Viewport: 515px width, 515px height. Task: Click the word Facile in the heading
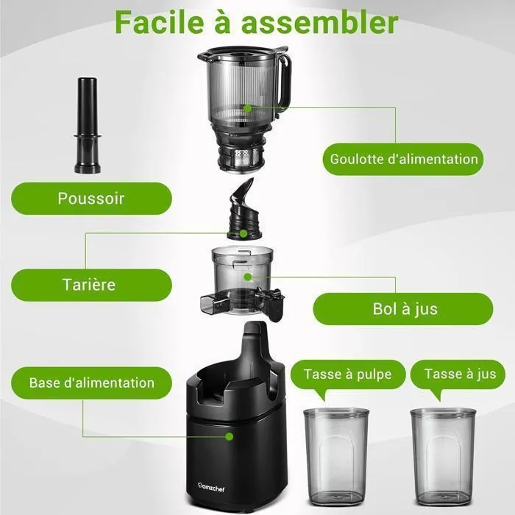(x=159, y=22)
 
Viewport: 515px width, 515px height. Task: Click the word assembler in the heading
(x=319, y=22)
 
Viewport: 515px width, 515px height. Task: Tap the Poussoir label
(x=91, y=199)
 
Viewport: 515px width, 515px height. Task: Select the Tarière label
(x=91, y=285)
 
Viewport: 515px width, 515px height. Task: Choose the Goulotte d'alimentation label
(x=403, y=160)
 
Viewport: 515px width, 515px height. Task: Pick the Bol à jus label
(x=403, y=309)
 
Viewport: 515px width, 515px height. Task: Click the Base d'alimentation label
(x=91, y=383)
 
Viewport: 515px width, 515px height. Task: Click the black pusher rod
(x=88, y=125)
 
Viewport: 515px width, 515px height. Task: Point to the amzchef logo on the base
(x=211, y=487)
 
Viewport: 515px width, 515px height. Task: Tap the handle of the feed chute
(x=284, y=79)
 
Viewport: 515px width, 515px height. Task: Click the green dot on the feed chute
(x=249, y=108)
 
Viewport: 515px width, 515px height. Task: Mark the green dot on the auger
(x=244, y=233)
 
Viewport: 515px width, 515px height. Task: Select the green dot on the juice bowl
(x=248, y=277)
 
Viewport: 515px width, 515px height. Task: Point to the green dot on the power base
(x=230, y=436)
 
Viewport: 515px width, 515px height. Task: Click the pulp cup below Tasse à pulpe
(x=336, y=457)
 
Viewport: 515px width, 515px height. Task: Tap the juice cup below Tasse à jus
(x=443, y=457)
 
